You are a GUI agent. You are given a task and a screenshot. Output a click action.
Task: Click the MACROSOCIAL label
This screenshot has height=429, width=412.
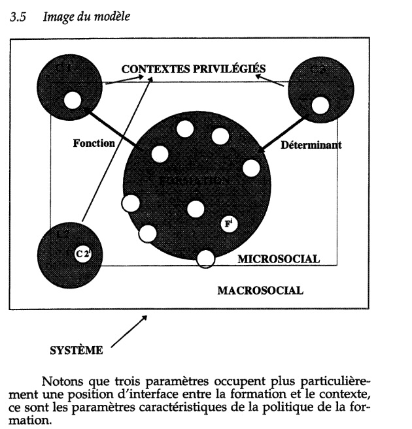[x=260, y=291]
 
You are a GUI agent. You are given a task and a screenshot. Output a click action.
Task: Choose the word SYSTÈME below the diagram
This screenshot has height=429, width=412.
[x=77, y=351]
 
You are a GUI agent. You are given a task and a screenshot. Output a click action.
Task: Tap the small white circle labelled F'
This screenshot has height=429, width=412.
[x=229, y=224]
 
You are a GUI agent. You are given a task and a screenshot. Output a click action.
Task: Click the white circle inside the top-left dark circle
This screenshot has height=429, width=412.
[x=72, y=101]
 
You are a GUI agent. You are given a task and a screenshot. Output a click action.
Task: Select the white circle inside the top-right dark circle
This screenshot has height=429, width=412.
[x=320, y=104]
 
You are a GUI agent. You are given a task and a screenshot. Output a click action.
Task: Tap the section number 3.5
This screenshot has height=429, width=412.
[x=18, y=17]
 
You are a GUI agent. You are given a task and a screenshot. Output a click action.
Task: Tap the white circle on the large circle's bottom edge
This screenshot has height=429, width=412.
[x=206, y=259]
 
